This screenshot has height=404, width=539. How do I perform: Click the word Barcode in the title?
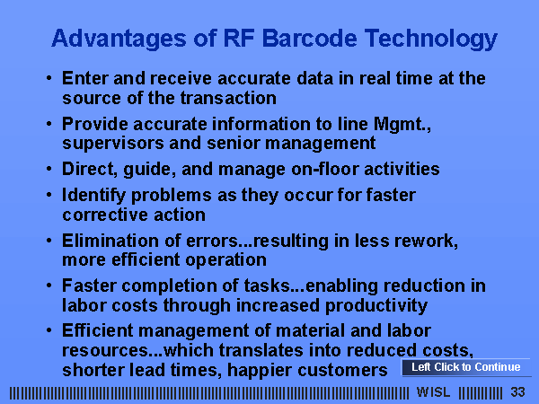(x=309, y=38)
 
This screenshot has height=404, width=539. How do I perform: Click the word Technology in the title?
(x=431, y=40)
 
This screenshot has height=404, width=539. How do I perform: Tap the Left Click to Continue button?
(x=466, y=367)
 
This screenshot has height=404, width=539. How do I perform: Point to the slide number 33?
(x=517, y=392)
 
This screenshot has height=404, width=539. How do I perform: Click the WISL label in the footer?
(x=433, y=392)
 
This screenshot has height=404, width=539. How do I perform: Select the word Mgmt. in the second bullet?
(x=402, y=125)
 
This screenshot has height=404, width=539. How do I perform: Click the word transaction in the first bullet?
(x=228, y=98)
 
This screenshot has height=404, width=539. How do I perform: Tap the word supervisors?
(x=113, y=144)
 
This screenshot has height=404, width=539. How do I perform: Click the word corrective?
(x=105, y=215)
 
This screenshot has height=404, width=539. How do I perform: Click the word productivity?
(x=376, y=306)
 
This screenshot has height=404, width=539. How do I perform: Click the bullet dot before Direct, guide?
(x=49, y=169)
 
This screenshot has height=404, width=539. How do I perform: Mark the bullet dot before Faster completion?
(x=49, y=285)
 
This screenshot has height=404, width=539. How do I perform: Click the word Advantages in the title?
(x=119, y=40)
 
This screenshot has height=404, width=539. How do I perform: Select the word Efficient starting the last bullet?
(x=97, y=330)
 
